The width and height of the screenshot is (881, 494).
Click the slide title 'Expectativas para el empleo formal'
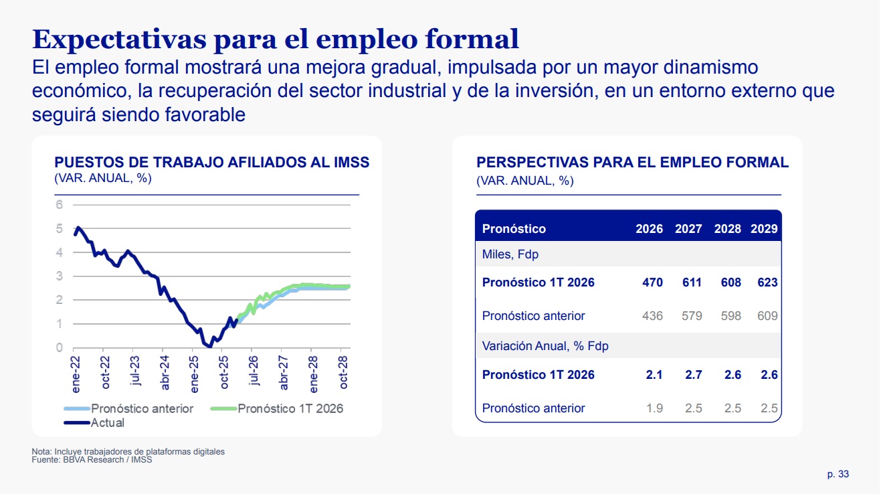tap(276, 39)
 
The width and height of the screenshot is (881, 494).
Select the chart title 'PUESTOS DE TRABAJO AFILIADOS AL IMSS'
tap(211, 163)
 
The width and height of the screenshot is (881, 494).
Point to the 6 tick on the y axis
tap(59, 205)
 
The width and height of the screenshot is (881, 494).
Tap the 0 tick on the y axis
tap(59, 348)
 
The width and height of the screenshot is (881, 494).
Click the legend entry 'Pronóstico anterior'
tap(142, 408)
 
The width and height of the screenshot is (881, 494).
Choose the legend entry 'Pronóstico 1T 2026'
tap(290, 408)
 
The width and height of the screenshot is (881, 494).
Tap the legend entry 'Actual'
tap(107, 422)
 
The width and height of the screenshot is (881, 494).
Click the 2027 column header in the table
tap(688, 229)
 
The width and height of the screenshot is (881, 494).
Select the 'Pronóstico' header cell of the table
tap(514, 229)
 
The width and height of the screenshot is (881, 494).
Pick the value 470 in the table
tap(652, 282)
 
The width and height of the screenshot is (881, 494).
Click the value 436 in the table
tap(652, 316)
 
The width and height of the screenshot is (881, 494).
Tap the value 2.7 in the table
tap(694, 375)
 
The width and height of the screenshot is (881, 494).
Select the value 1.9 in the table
tap(654, 408)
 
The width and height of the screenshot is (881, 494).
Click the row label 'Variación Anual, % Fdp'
tap(545, 346)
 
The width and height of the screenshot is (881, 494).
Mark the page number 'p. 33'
tap(838, 474)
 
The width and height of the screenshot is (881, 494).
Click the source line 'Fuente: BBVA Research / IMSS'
tap(92, 459)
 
